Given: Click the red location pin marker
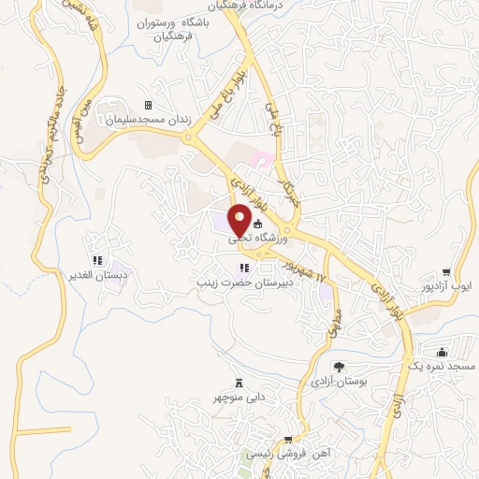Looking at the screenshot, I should (239, 220).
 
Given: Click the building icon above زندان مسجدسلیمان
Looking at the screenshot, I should (147, 106).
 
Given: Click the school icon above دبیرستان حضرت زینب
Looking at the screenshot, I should (244, 269).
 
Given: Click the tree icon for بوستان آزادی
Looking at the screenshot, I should (338, 368).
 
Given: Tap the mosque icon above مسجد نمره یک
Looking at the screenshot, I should (441, 352).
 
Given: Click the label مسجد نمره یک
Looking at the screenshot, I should (441, 368).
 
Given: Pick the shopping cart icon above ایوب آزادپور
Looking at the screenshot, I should (458, 269).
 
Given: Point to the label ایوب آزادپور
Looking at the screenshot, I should (458, 284).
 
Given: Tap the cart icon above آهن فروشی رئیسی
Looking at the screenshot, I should (288, 439).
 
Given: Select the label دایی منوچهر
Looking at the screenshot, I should (238, 397).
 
